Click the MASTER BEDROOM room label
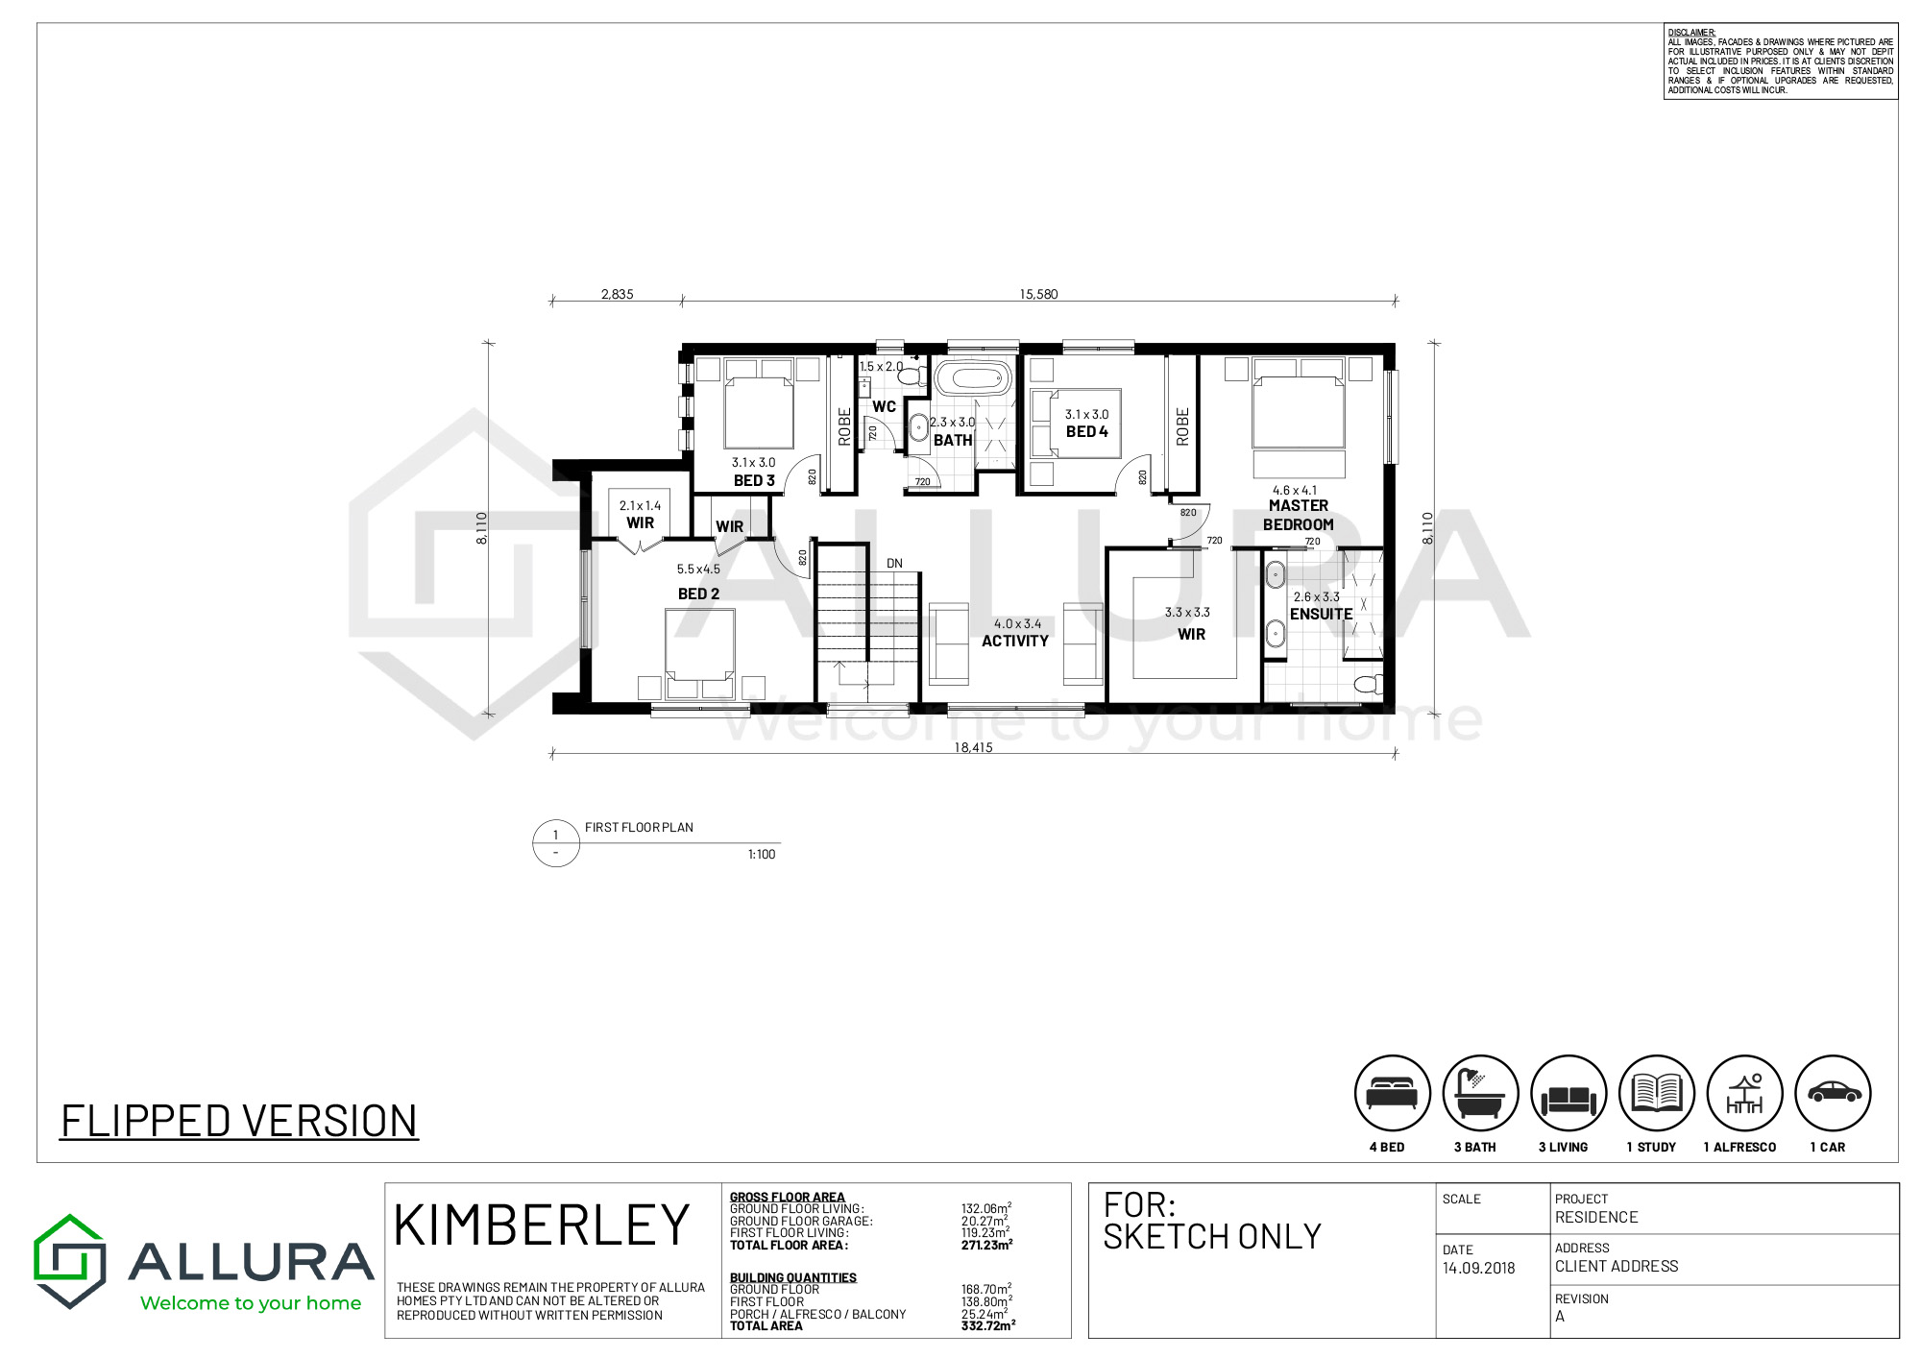coord(1298,515)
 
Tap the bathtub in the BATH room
coord(974,377)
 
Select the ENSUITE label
coord(1321,614)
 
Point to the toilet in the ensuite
coord(1367,685)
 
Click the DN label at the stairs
coord(894,564)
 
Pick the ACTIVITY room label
coord(1014,641)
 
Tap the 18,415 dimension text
coord(973,747)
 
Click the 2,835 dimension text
coord(617,294)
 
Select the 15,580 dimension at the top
coord(1038,294)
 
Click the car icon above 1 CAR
coord(1833,1093)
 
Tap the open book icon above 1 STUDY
coord(1656,1093)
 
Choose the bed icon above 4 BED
coord(1392,1093)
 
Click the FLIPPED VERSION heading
coord(239,1121)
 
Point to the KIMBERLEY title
coord(542,1225)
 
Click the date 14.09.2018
coord(1478,1268)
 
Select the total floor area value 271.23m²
coord(986,1245)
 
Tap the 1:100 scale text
coord(762,854)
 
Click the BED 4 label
coord(1086,432)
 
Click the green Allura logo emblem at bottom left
coord(69,1260)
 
